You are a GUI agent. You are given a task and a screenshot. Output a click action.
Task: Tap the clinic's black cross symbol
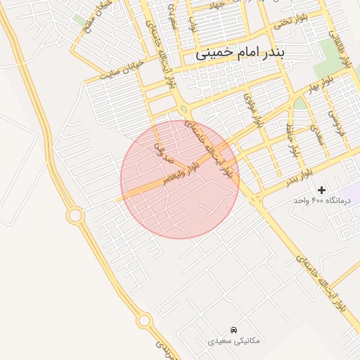coord(322,190)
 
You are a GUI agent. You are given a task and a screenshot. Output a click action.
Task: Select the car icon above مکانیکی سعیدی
coord(233,330)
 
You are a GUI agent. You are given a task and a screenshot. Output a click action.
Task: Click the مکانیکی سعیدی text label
coord(233,340)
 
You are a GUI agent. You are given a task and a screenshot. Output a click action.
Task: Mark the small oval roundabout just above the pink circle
coord(184,109)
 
